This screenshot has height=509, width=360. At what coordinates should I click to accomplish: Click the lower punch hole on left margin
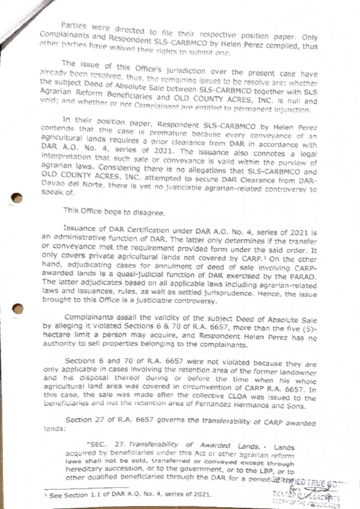[x=18, y=309]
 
